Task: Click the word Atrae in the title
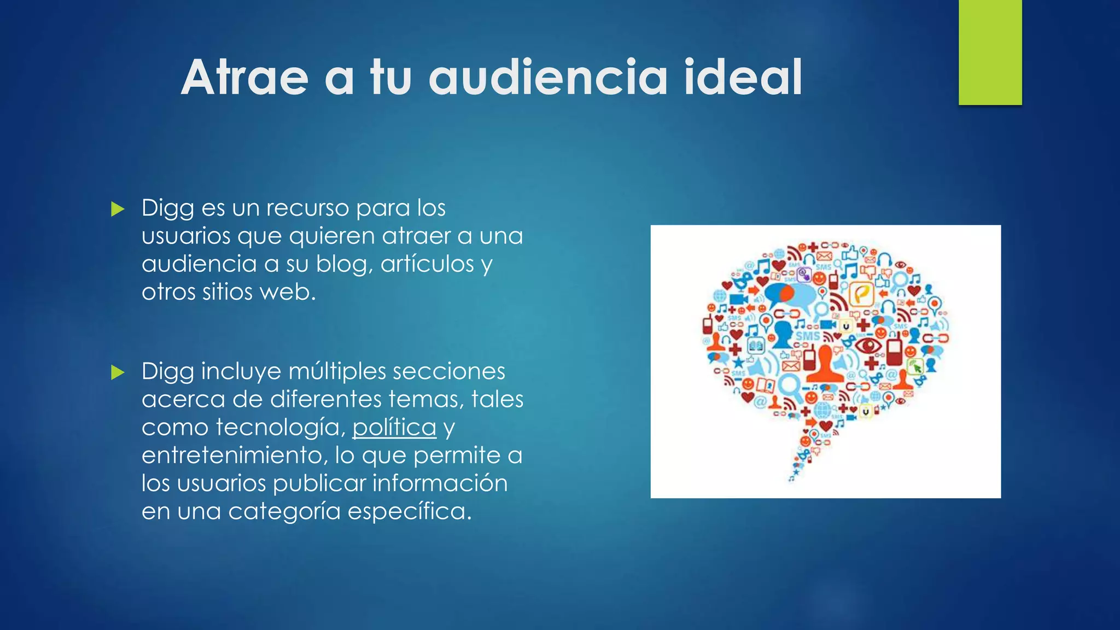tap(244, 78)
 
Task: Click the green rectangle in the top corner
tap(990, 52)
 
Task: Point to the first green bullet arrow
tap(118, 209)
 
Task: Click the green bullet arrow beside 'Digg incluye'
tap(118, 372)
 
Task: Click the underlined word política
tap(394, 427)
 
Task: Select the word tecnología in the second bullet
tap(281, 427)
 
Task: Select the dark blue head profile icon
tap(783, 334)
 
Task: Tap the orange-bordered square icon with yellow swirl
tap(861, 295)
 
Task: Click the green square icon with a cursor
tap(915, 366)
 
